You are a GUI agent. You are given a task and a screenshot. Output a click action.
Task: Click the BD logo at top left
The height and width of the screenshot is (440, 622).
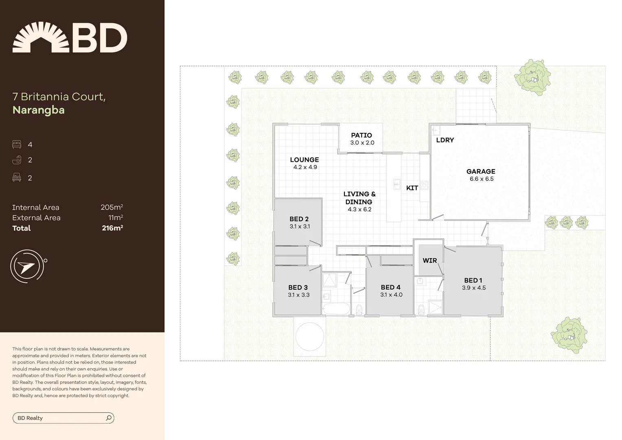click(x=70, y=37)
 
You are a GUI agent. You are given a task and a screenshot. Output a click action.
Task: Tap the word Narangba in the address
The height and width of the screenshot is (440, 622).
click(x=39, y=110)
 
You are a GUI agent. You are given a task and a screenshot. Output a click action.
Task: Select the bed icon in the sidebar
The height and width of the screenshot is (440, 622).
click(x=17, y=145)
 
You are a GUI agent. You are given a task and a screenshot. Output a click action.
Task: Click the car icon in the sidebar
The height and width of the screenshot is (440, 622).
click(x=17, y=178)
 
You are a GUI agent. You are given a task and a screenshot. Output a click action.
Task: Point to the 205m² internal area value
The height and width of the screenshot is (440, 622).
click(x=112, y=207)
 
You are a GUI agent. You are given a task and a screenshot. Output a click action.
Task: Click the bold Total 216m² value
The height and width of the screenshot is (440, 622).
click(x=112, y=228)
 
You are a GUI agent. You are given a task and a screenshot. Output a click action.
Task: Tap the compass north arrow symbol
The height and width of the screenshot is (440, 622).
click(x=26, y=266)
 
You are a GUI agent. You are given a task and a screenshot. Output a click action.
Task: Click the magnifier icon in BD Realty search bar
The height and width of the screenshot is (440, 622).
click(x=109, y=418)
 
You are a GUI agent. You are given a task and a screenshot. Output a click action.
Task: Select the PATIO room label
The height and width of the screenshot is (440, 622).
click(x=361, y=135)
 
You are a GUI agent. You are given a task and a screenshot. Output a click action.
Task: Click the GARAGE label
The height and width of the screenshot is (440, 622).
click(x=481, y=172)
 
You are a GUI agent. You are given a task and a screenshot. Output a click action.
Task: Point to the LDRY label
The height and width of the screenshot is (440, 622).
click(x=445, y=140)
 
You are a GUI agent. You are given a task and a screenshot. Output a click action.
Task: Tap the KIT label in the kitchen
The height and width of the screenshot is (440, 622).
click(x=412, y=188)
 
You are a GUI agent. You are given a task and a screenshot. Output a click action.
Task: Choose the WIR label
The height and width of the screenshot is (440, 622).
click(x=429, y=260)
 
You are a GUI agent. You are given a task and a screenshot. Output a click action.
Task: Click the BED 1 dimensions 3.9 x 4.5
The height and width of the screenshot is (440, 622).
click(x=474, y=288)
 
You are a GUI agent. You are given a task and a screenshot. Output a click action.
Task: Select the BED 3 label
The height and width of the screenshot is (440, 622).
click(x=298, y=287)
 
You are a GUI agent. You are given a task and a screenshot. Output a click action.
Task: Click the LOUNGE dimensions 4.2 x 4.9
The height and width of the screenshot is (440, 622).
click(x=305, y=167)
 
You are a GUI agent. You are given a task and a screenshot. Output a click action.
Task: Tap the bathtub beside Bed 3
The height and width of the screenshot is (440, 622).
click(x=336, y=308)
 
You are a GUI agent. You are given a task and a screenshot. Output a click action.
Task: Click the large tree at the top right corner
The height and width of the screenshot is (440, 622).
click(x=532, y=77)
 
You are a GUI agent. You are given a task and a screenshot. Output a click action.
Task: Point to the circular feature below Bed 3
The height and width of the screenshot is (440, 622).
click(x=310, y=337)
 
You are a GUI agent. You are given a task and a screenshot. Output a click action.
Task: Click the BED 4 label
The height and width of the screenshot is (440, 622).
click(x=391, y=287)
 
